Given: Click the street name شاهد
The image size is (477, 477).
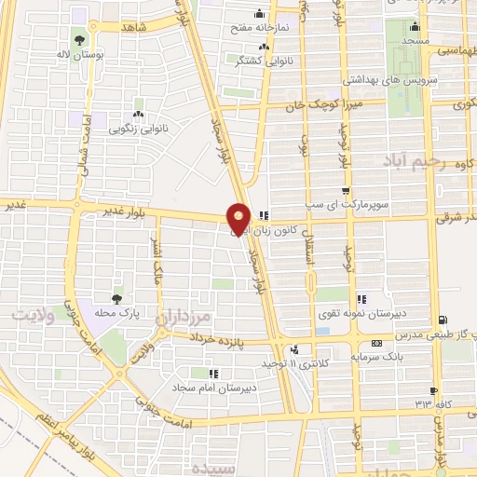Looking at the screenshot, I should point(132,27).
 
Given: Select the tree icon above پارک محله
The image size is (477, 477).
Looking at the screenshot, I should point(116,298).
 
